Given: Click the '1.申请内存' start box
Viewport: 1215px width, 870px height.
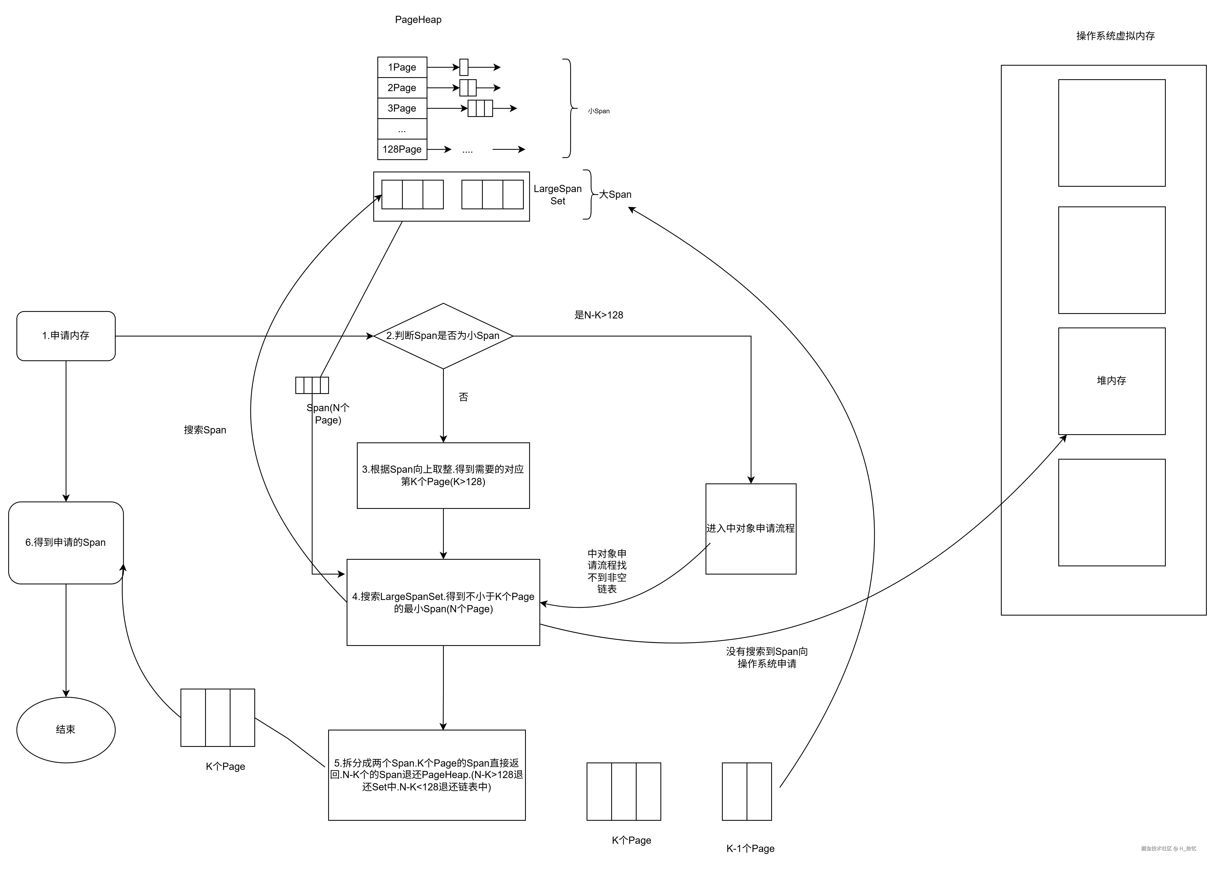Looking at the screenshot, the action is pos(66,336).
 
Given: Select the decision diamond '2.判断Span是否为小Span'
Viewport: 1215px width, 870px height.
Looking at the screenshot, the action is pos(443,336).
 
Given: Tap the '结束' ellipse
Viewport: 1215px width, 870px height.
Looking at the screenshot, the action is pos(66,730).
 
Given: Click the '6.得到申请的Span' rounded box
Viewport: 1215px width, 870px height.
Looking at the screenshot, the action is pos(66,543).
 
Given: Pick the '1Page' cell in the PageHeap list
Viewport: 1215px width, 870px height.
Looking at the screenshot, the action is pos(402,67).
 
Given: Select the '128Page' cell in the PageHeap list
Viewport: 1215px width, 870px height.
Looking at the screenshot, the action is pos(402,149).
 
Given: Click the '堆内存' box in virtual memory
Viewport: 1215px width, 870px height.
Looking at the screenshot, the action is pos(1112,381).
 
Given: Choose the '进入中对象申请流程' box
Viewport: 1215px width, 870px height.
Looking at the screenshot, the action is pos(751,529).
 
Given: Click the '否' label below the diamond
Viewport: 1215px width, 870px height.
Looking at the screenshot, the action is pos(463,397).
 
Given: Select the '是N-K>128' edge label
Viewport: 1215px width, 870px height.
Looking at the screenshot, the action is pos(599,315).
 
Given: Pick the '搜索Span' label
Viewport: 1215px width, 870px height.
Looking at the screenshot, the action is pos(205,430).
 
